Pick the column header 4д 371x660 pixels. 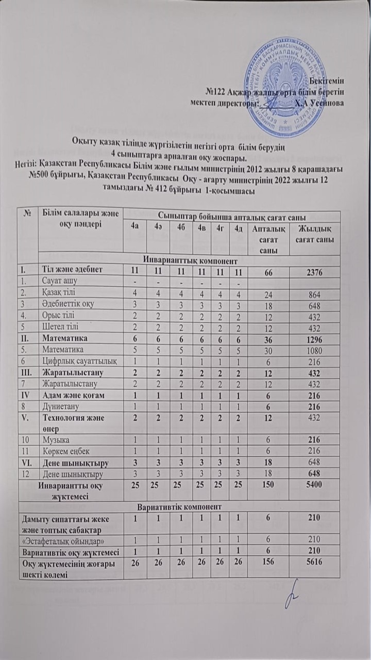click(238, 225)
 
